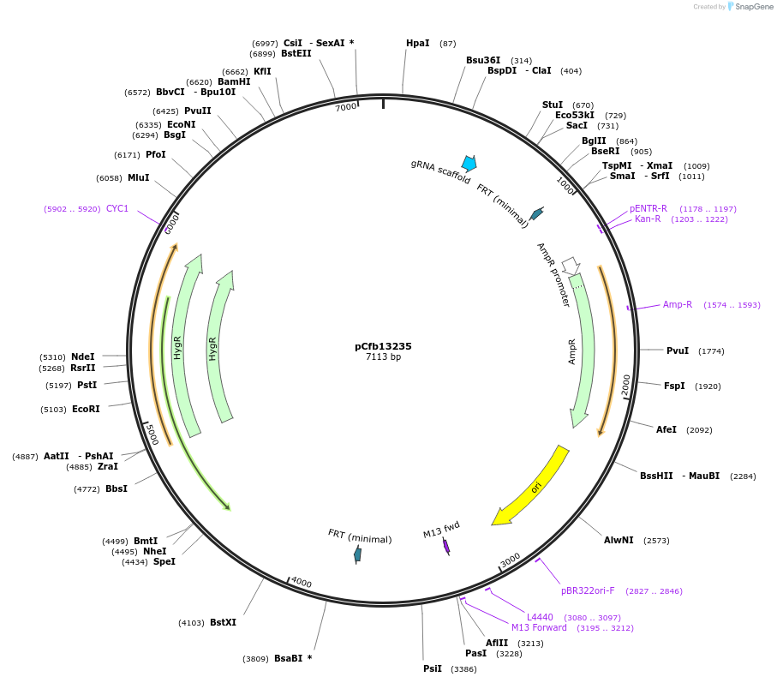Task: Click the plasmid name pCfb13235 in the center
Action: point(383,346)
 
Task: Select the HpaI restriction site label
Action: point(418,43)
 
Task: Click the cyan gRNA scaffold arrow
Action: point(469,163)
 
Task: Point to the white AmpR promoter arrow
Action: point(571,266)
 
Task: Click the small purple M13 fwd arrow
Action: point(446,546)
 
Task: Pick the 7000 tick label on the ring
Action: point(345,107)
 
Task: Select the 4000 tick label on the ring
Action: point(301,583)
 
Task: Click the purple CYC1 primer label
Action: point(117,208)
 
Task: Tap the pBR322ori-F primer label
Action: point(587,590)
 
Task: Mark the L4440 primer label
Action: point(540,617)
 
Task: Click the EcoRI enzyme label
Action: point(86,409)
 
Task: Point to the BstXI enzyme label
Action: point(223,622)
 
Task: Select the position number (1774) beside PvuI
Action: point(711,350)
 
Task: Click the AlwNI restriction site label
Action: point(619,540)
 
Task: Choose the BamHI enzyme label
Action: point(234,81)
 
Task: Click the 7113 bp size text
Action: point(383,357)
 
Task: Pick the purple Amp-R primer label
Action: point(678,304)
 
